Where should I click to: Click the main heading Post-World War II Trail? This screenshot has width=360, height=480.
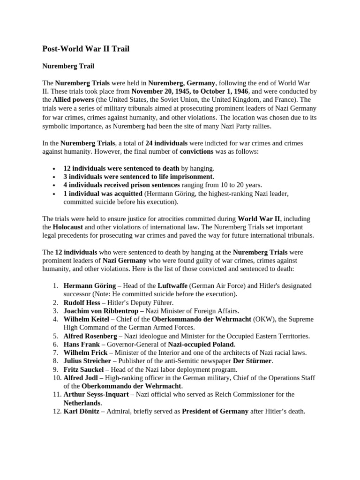(x=86, y=48)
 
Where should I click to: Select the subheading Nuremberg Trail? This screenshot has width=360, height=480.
(x=68, y=66)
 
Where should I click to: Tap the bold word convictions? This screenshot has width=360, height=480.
(x=196, y=151)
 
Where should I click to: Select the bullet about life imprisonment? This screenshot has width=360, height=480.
(x=138, y=177)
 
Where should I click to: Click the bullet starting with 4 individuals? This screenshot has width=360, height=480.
(x=163, y=185)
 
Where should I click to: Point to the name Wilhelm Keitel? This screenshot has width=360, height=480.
(x=86, y=319)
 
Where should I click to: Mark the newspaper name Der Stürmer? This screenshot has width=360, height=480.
(x=252, y=361)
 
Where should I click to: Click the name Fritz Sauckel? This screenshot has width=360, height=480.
(x=83, y=369)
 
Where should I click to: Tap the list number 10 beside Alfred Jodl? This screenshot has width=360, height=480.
(x=55, y=378)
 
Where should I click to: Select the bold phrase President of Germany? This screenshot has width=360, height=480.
(x=215, y=411)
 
